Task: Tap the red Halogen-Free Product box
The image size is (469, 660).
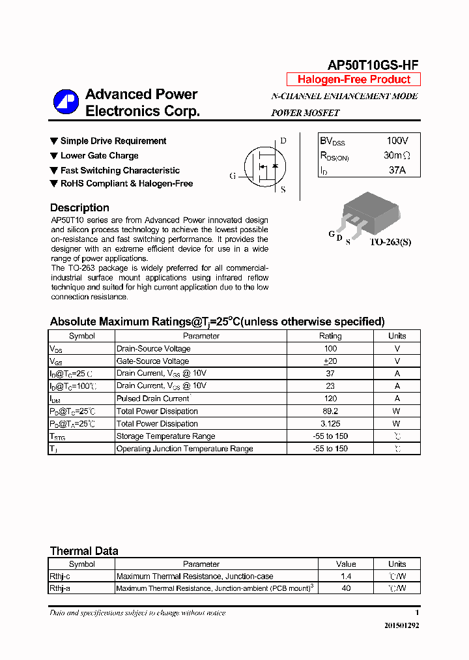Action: pos(354,80)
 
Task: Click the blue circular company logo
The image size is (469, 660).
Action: pos(66,102)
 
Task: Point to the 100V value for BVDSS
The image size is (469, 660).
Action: pos(397,141)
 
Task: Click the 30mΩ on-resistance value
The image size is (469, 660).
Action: pos(397,156)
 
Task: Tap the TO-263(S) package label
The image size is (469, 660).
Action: pos(390,242)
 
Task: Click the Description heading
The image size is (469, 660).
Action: pos(79,208)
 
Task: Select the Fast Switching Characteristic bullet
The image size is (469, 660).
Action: pos(119,170)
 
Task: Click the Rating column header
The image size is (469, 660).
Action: pos(330,336)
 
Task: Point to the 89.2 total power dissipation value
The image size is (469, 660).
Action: pos(330,411)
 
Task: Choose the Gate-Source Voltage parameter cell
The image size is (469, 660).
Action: pos(153,361)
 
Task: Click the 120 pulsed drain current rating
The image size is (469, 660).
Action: pos(330,398)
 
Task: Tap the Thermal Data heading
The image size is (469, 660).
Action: pos(84,551)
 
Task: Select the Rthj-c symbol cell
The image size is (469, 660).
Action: pos(61,577)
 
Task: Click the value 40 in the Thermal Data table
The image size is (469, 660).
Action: pos(346,588)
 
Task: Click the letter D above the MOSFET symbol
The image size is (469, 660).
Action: pos(283,140)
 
